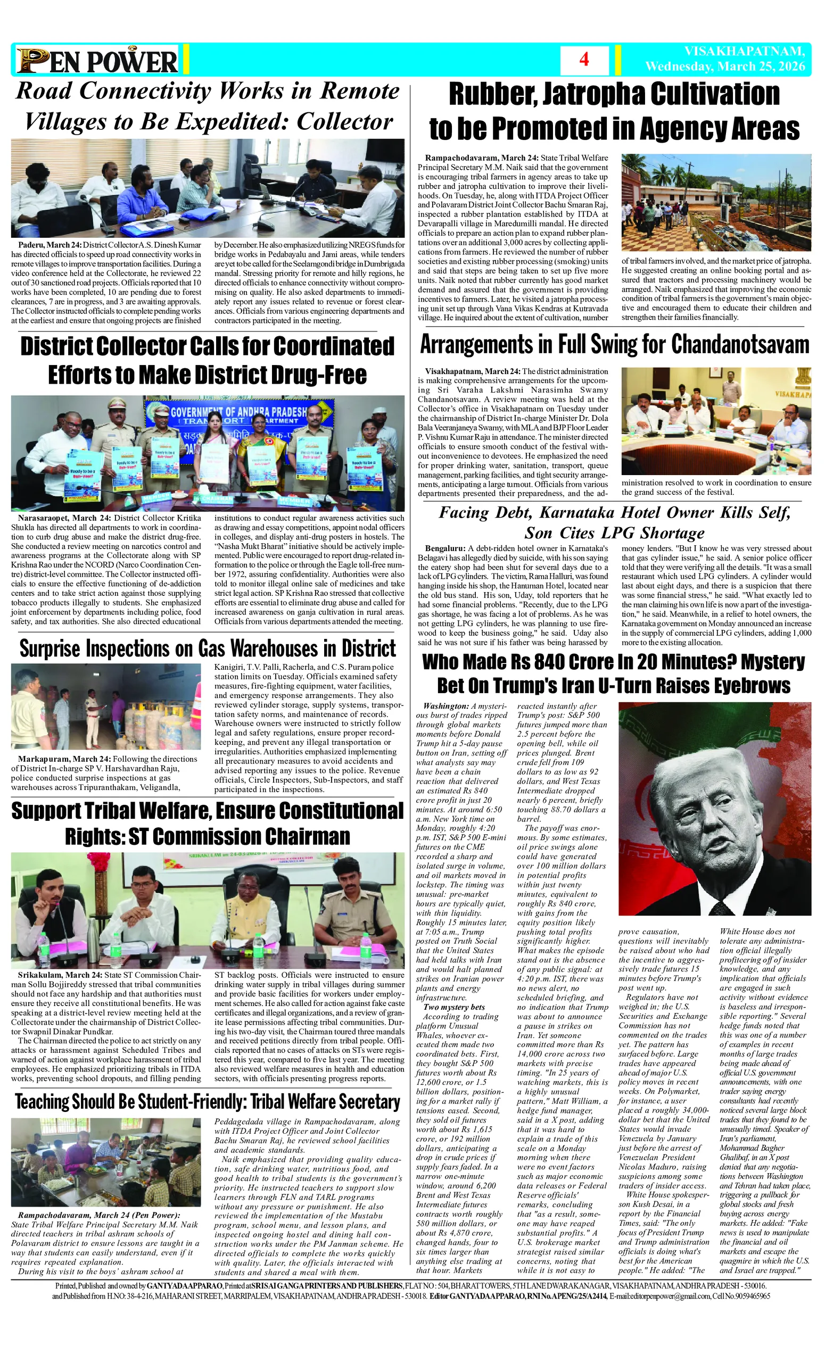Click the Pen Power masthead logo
(x=97, y=61)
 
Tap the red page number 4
(x=584, y=60)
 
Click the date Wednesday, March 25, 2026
(x=725, y=67)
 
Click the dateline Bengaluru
(x=445, y=548)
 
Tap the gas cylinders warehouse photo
(x=106, y=706)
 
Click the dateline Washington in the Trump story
(x=446, y=706)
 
